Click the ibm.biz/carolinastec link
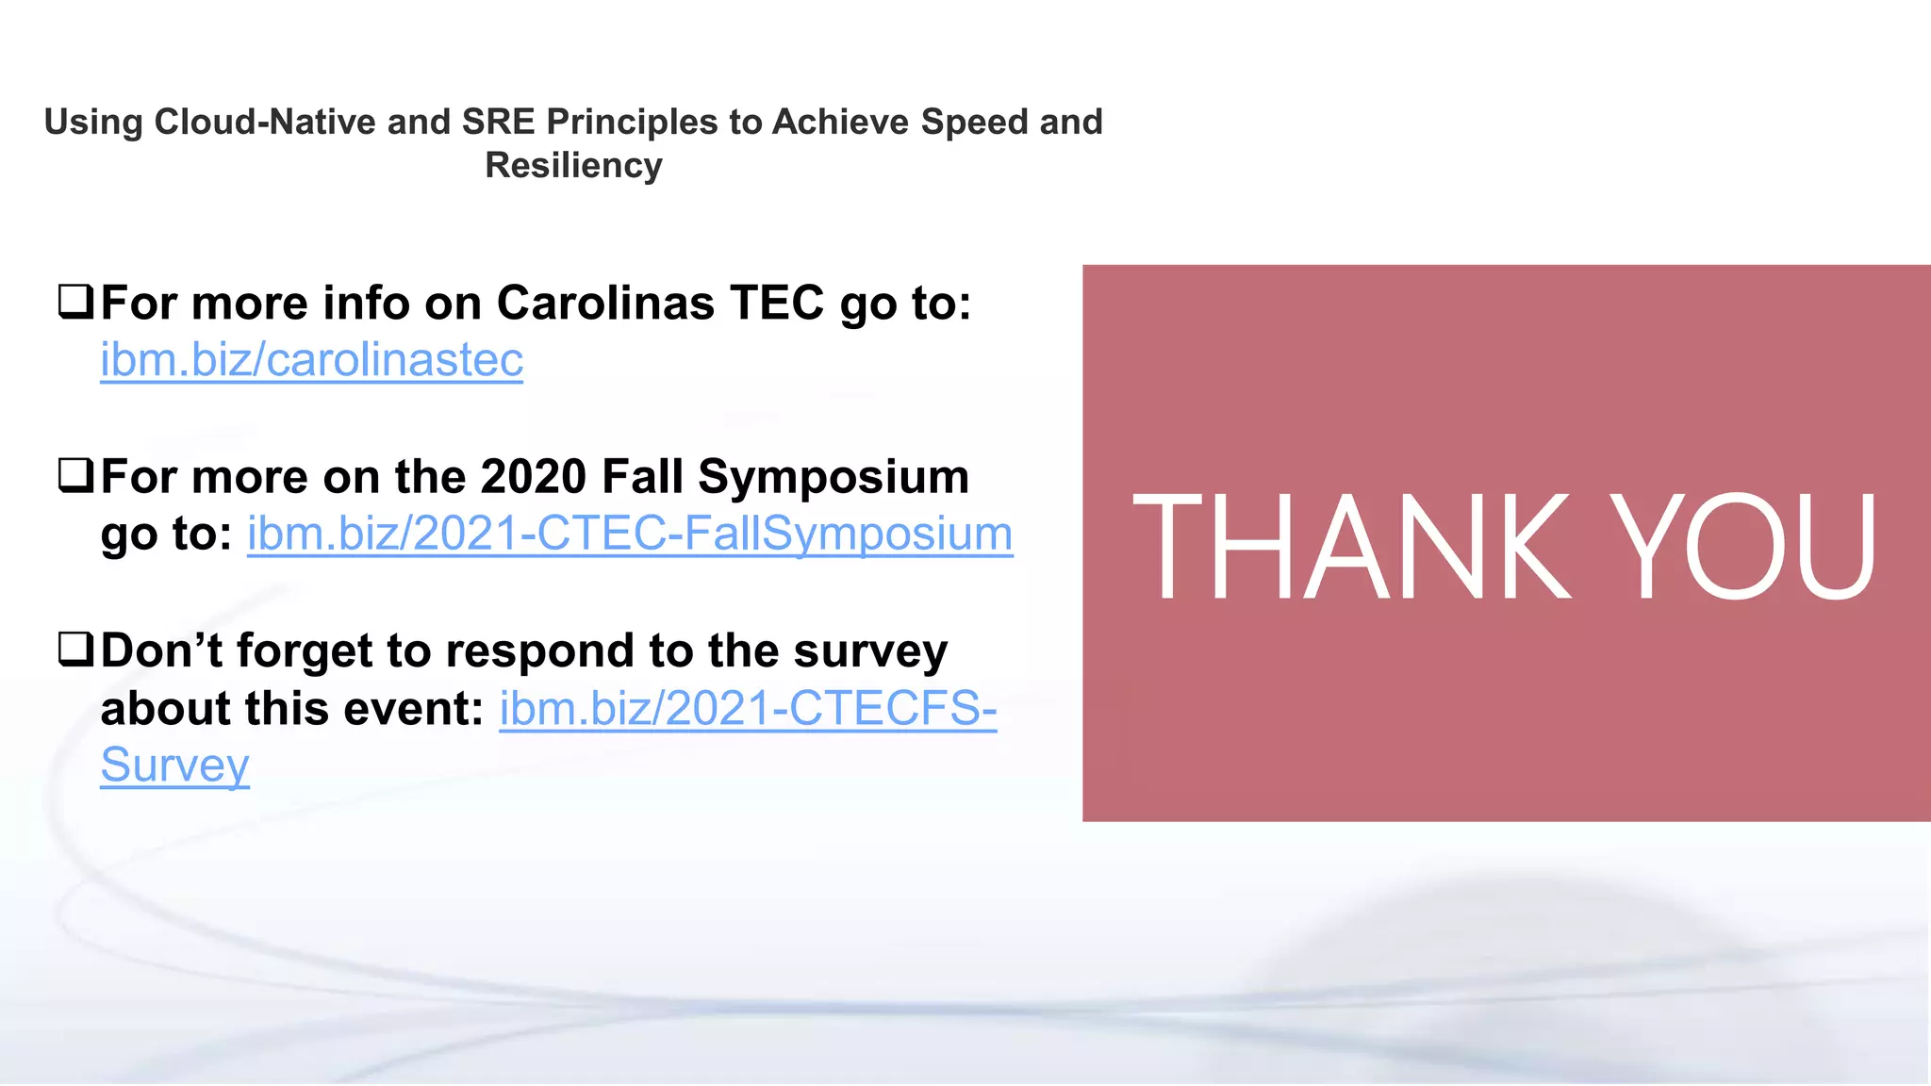coord(311,360)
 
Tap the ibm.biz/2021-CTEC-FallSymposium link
coord(630,534)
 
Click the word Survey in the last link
coord(174,765)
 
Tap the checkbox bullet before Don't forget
coord(75,649)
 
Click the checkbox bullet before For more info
coord(75,301)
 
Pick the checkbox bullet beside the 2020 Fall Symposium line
coord(75,474)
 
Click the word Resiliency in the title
coord(573,166)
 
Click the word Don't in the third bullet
coord(161,650)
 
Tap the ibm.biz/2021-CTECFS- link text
coord(747,709)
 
